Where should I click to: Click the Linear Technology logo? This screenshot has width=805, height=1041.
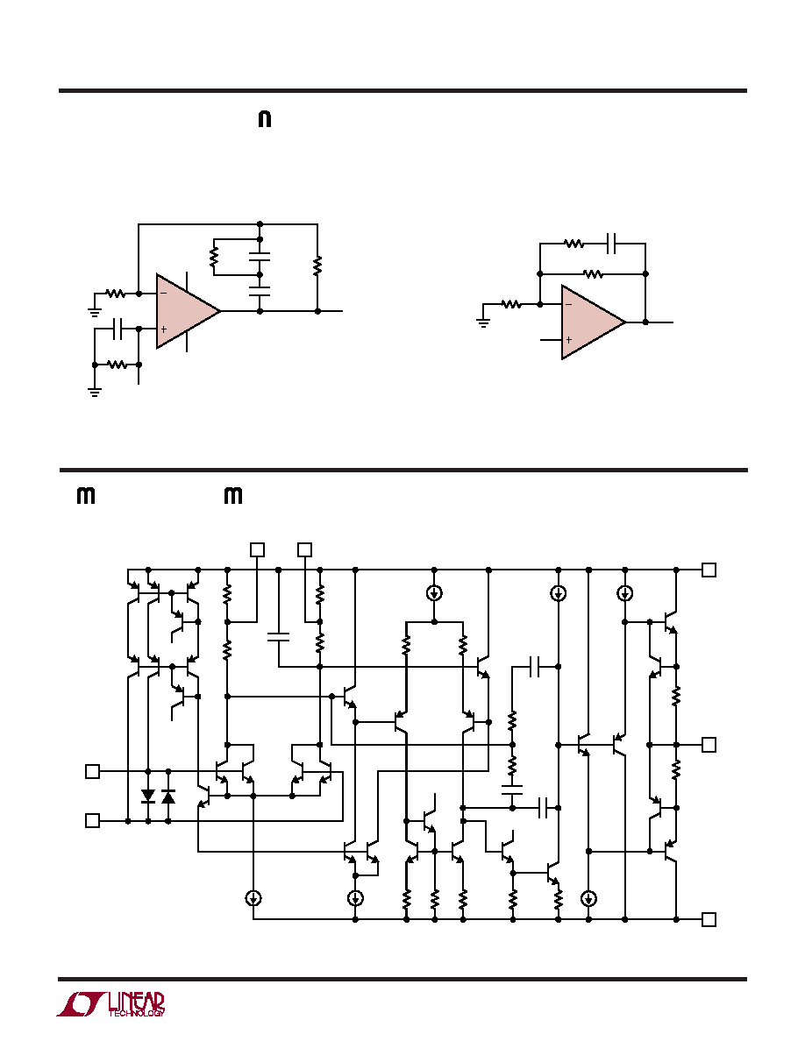[110, 1004]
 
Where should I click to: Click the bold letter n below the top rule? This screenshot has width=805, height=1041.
[264, 119]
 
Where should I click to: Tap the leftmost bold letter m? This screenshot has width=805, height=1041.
[86, 495]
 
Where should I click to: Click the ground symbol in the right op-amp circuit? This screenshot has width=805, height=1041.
[483, 322]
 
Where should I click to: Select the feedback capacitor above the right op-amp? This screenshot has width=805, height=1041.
[612, 244]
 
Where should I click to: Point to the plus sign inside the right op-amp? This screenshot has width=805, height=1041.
[568, 340]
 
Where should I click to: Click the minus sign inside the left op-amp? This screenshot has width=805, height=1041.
[163, 293]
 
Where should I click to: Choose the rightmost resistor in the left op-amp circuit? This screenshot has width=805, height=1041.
[317, 266]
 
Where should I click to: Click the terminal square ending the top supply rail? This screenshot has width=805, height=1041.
[709, 570]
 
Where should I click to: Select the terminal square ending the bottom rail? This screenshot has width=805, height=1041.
[709, 919]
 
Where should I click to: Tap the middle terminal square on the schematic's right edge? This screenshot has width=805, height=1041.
[709, 745]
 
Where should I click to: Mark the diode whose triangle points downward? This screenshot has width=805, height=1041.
[148, 796]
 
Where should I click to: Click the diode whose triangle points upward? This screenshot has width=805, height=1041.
[168, 796]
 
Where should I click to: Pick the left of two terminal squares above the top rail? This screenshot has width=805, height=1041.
[257, 549]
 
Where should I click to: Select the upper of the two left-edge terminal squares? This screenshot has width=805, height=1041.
[93, 771]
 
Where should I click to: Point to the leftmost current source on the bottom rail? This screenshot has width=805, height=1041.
[253, 898]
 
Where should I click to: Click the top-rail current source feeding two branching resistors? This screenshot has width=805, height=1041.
[434, 593]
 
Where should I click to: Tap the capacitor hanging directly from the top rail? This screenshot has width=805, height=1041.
[278, 637]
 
